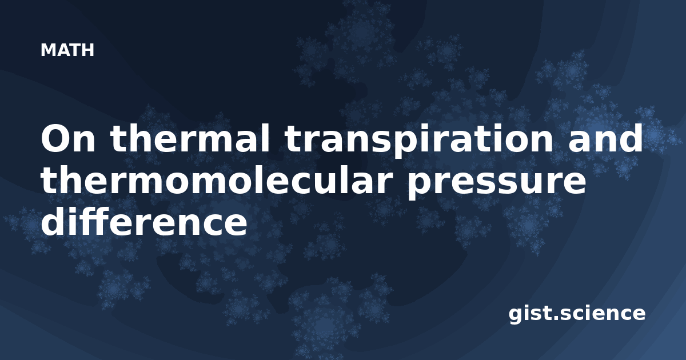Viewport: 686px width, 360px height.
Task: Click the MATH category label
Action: (67, 50)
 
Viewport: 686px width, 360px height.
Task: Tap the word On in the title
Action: (68, 138)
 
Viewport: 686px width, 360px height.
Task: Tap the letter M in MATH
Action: (48, 50)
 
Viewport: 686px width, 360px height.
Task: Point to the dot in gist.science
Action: (555, 318)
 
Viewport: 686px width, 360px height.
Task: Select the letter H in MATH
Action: (87, 50)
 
